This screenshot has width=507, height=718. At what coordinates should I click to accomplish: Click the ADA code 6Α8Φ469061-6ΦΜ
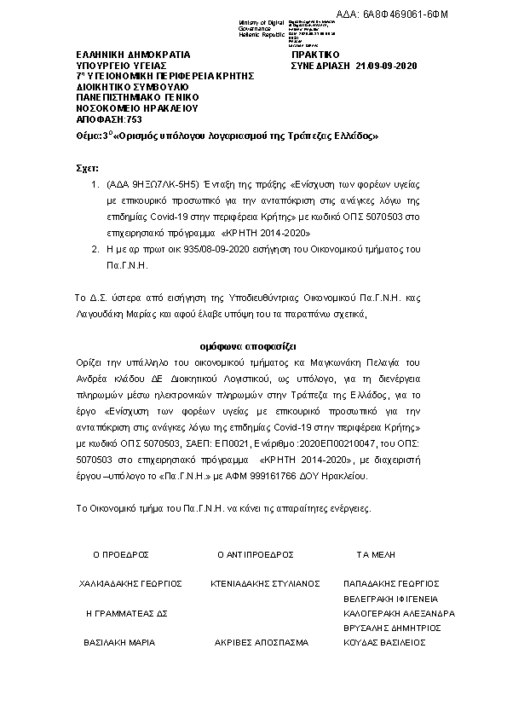[x=457, y=14]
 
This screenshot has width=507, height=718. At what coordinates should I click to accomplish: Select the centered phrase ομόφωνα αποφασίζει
[x=248, y=348]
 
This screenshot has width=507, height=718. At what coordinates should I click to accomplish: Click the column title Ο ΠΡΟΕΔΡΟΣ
[x=121, y=554]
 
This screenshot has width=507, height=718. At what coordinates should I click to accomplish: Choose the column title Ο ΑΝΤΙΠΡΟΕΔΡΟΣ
[x=256, y=554]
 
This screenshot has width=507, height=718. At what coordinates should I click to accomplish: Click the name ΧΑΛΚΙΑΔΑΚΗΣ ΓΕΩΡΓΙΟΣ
[x=130, y=584]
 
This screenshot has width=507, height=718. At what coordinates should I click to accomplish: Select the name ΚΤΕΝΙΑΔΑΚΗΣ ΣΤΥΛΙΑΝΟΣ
[x=265, y=584]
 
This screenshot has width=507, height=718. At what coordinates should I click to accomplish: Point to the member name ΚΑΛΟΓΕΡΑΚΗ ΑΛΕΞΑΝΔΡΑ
[x=398, y=614]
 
